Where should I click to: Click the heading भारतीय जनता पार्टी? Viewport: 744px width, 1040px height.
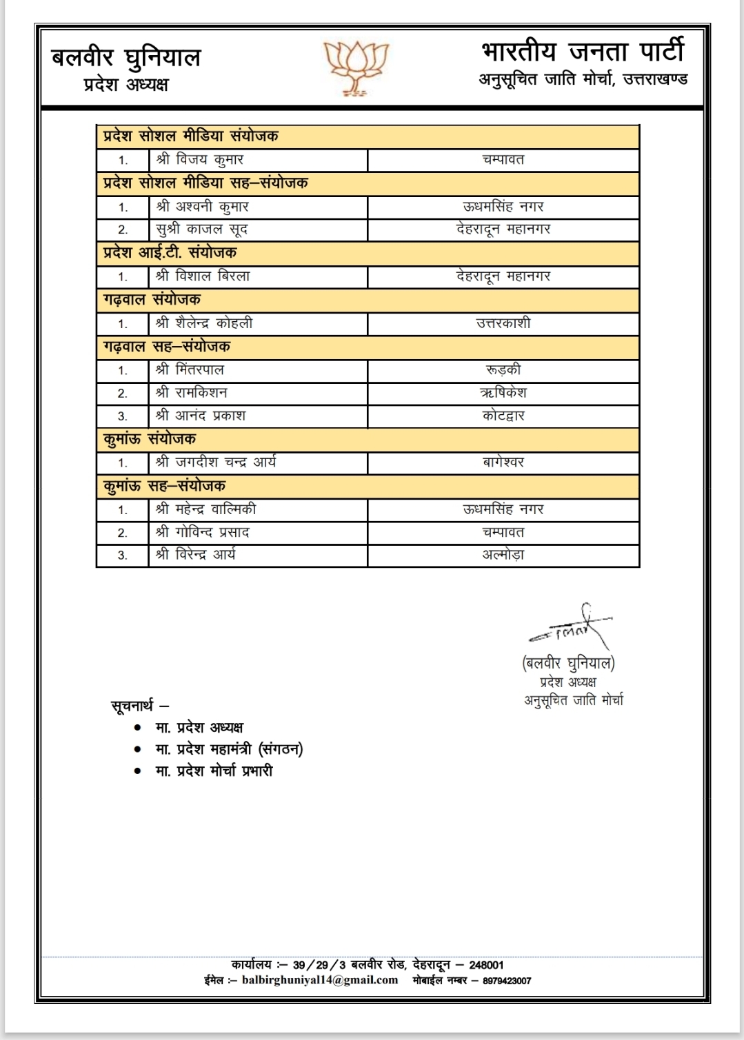coord(583,52)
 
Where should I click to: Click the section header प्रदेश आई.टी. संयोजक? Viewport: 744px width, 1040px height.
coord(170,253)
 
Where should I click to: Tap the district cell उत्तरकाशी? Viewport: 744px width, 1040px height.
coord(503,323)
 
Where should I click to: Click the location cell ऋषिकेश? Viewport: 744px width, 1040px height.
coord(503,393)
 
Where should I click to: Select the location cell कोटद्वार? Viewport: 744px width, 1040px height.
coord(503,416)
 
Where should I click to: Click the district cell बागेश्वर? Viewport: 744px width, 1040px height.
coord(503,462)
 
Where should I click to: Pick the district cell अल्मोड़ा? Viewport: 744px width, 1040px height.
coord(503,555)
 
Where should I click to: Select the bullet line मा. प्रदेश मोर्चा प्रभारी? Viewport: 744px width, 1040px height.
coord(214,771)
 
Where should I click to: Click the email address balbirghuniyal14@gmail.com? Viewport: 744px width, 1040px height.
coord(320,980)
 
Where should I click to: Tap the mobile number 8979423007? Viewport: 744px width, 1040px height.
coord(507,981)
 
